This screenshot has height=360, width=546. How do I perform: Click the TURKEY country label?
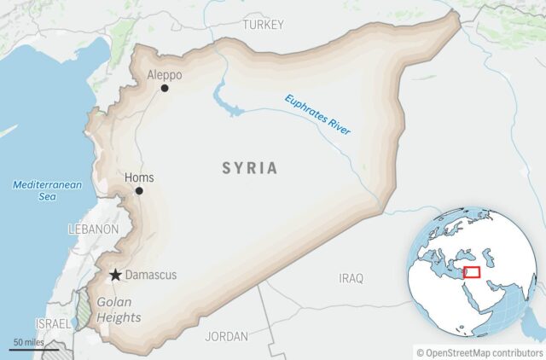[x=263, y=25]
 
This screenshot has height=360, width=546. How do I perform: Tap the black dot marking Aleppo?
[x=165, y=88]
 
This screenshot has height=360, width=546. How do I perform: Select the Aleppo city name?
[x=165, y=74]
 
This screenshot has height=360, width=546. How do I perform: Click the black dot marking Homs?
[x=139, y=190]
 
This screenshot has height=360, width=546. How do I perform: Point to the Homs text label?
[x=139, y=177]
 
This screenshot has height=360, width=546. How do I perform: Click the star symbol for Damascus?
[x=115, y=275]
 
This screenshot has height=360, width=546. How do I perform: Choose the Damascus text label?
[x=151, y=275]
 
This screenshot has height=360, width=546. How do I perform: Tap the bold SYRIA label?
[x=250, y=168]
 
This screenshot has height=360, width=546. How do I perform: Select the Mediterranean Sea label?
[x=35, y=190]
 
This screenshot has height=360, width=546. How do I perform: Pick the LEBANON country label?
[x=93, y=229]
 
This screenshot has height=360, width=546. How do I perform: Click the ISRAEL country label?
[x=53, y=325]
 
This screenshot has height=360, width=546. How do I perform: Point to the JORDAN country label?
[x=226, y=336]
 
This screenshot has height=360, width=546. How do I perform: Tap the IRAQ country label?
[x=351, y=278]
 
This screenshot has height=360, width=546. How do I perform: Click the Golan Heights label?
[x=119, y=310]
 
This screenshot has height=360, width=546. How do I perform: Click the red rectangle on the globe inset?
[x=471, y=274]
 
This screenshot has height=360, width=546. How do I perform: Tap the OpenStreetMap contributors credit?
[x=479, y=351]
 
